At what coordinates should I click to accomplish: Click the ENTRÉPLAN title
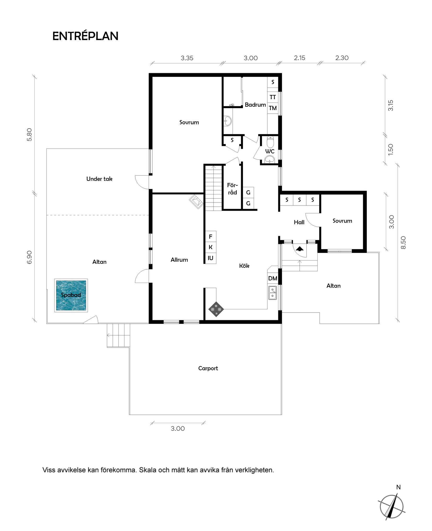[85, 36]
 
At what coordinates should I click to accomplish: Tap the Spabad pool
[71, 295]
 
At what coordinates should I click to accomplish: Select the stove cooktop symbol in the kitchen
[216, 309]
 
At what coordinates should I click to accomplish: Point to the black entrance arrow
[300, 249]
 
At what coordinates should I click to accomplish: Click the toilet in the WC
[270, 142]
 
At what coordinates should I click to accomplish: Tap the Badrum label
[255, 105]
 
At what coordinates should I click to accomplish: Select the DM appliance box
[273, 278]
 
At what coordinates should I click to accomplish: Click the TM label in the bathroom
[273, 108]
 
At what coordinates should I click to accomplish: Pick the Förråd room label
[232, 189]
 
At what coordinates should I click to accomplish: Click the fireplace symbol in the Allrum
[196, 202]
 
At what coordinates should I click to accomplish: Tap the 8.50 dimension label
[403, 243]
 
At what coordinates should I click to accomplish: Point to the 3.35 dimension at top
[187, 58]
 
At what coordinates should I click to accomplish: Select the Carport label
[208, 368]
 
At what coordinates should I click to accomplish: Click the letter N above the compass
[398, 487]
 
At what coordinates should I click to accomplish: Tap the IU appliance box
[211, 258]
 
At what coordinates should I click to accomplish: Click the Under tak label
[99, 179]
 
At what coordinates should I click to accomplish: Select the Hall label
[299, 222]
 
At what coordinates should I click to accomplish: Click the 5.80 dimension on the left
[29, 135]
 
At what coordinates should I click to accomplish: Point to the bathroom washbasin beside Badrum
[228, 121]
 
